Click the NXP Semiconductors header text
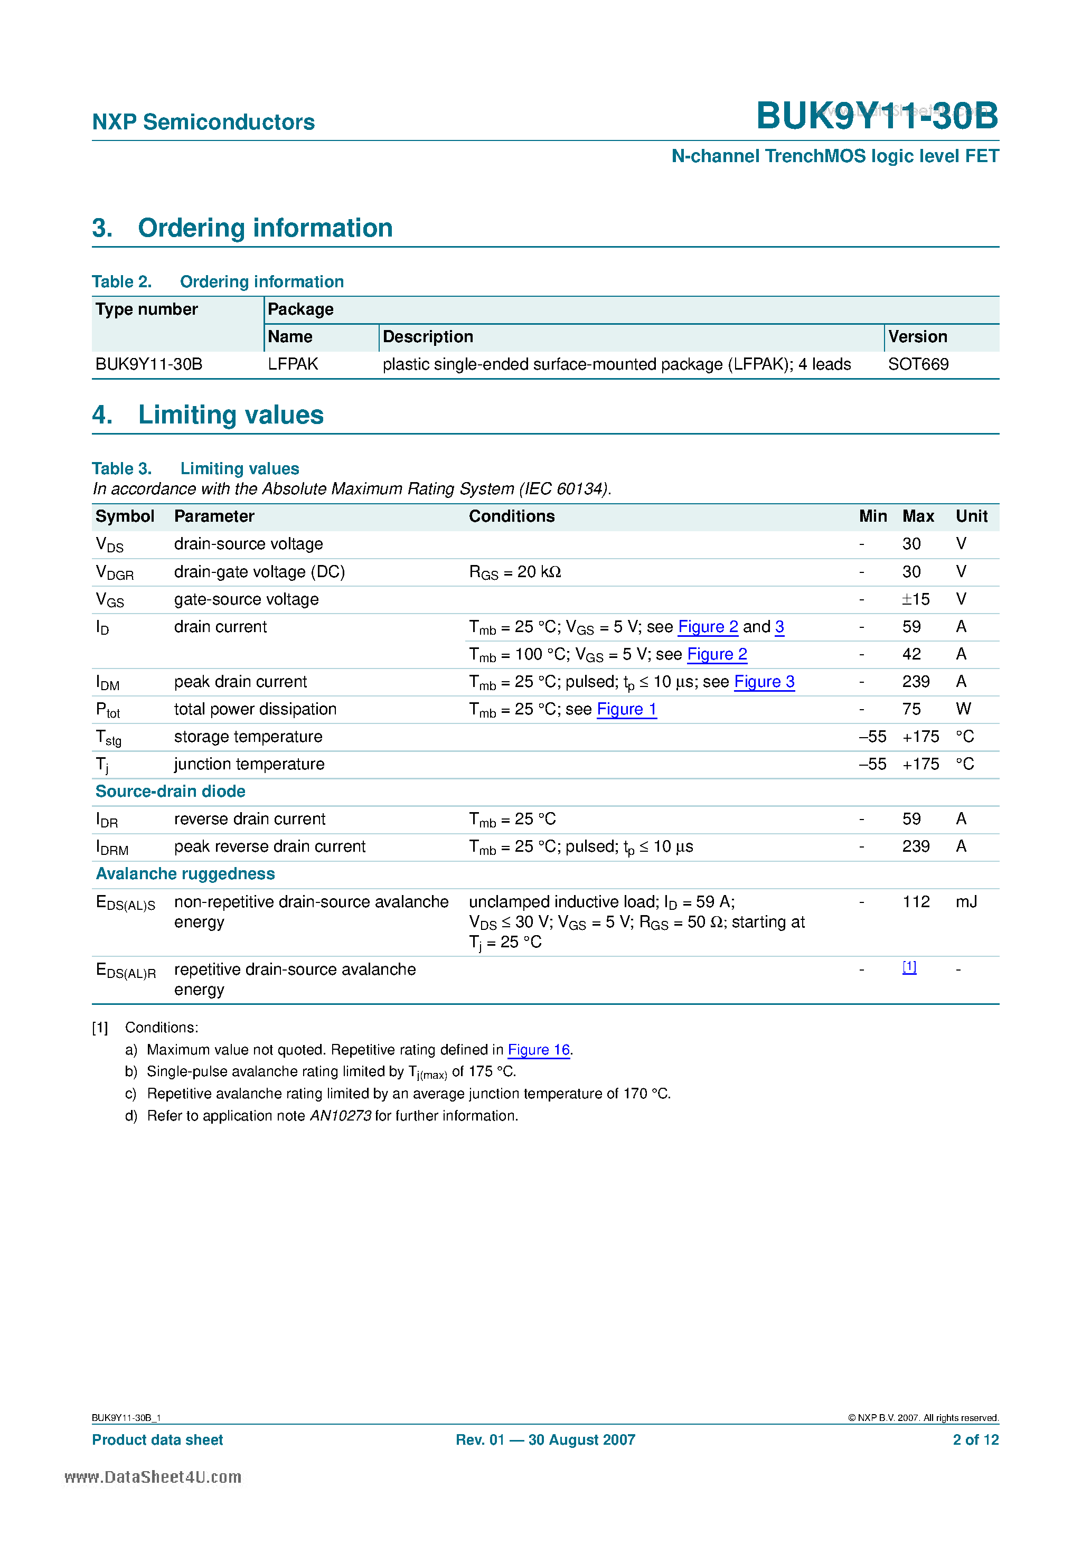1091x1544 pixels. click(x=203, y=122)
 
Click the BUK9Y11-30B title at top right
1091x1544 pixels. click(x=877, y=116)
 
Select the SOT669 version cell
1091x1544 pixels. click(x=918, y=364)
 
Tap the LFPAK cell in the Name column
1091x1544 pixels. click(x=293, y=364)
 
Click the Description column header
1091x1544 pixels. click(x=428, y=337)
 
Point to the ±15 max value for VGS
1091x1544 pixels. click(x=916, y=599)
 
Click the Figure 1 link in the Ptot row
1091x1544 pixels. click(x=626, y=710)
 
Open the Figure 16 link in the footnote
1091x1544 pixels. click(x=539, y=1050)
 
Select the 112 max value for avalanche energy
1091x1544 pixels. click(x=916, y=902)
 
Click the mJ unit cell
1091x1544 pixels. click(x=966, y=902)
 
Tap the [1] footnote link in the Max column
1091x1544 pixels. click(x=909, y=967)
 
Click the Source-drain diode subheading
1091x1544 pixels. click(x=170, y=792)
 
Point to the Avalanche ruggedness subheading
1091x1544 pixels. click(x=185, y=873)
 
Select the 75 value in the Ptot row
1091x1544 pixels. click(x=911, y=710)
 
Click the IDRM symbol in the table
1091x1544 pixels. click(x=111, y=848)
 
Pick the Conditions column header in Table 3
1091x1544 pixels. click(x=511, y=516)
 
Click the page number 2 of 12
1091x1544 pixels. click(x=975, y=1440)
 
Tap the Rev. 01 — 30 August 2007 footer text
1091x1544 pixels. click(x=545, y=1440)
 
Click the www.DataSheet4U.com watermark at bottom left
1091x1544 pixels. click(x=153, y=1477)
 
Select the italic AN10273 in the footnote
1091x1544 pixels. click(x=341, y=1116)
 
